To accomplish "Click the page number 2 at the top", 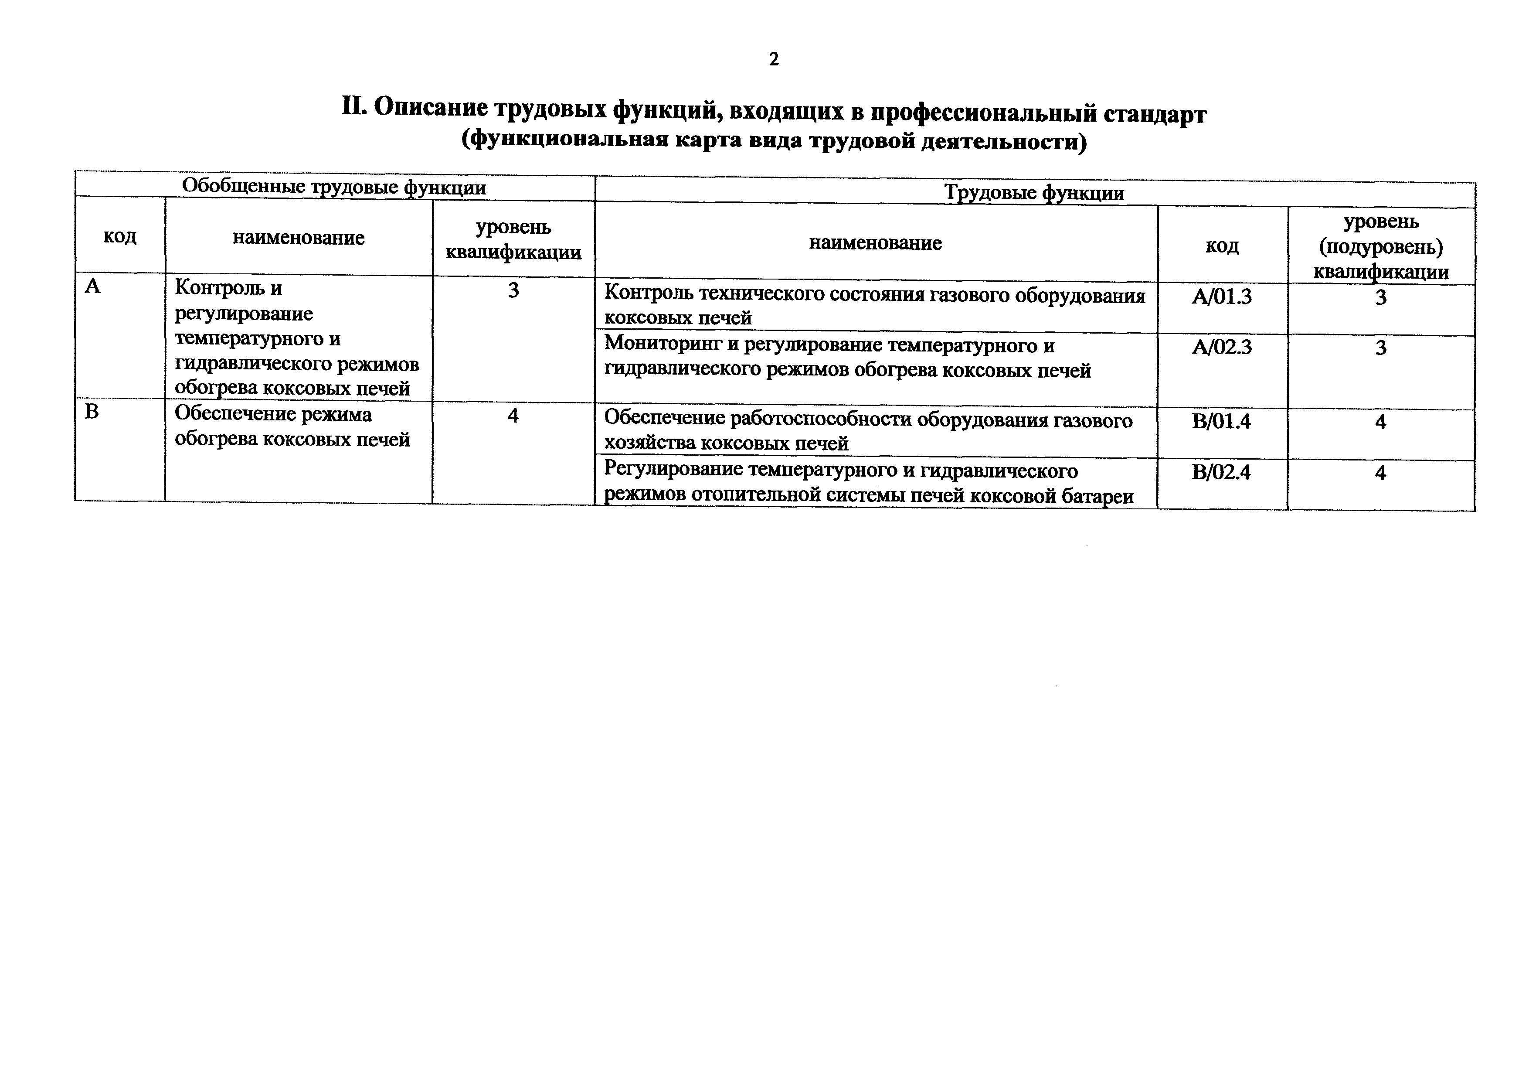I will click(x=773, y=60).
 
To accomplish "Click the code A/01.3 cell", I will click(x=1221, y=297).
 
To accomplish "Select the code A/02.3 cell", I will click(x=1221, y=348).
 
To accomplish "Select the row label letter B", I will click(x=92, y=412).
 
